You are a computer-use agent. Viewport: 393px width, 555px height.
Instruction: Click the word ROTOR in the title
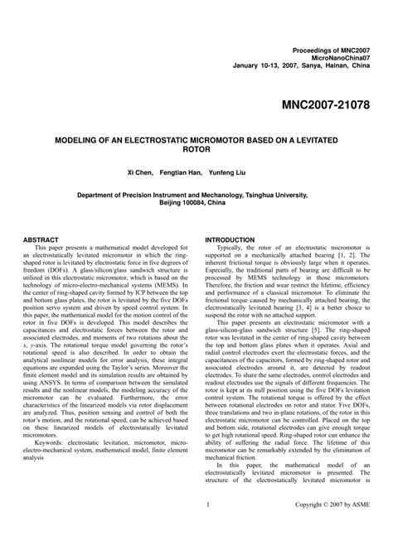196,152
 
